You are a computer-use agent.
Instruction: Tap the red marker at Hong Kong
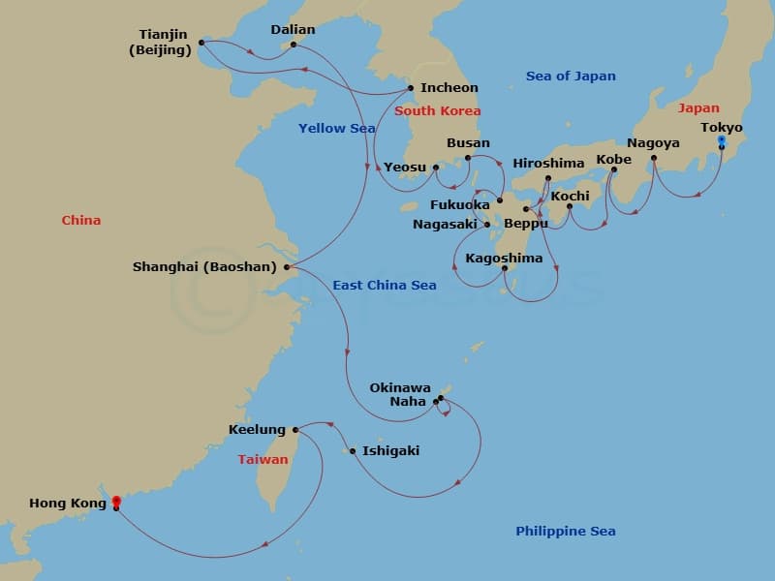tap(116, 502)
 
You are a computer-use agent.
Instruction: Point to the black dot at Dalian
tap(294, 43)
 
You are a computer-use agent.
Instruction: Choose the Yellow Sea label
tap(336, 128)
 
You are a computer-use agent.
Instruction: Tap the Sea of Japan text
tap(571, 76)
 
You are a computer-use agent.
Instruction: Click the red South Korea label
tap(438, 111)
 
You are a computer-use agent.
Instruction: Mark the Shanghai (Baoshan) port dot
tap(288, 266)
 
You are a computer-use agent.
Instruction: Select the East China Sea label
tap(385, 285)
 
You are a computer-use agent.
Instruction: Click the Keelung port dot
tap(295, 429)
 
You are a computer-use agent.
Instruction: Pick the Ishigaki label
tap(390, 450)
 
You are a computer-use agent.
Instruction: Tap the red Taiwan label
tap(263, 460)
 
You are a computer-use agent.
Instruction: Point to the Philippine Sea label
tap(566, 531)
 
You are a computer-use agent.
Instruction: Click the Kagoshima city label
tap(504, 259)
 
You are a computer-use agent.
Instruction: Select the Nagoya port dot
tap(654, 158)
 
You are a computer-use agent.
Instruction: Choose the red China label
tap(81, 221)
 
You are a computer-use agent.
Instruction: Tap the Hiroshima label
tap(549, 163)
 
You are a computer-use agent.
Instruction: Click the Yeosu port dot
tap(436, 167)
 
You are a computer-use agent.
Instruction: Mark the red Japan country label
tap(698, 108)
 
